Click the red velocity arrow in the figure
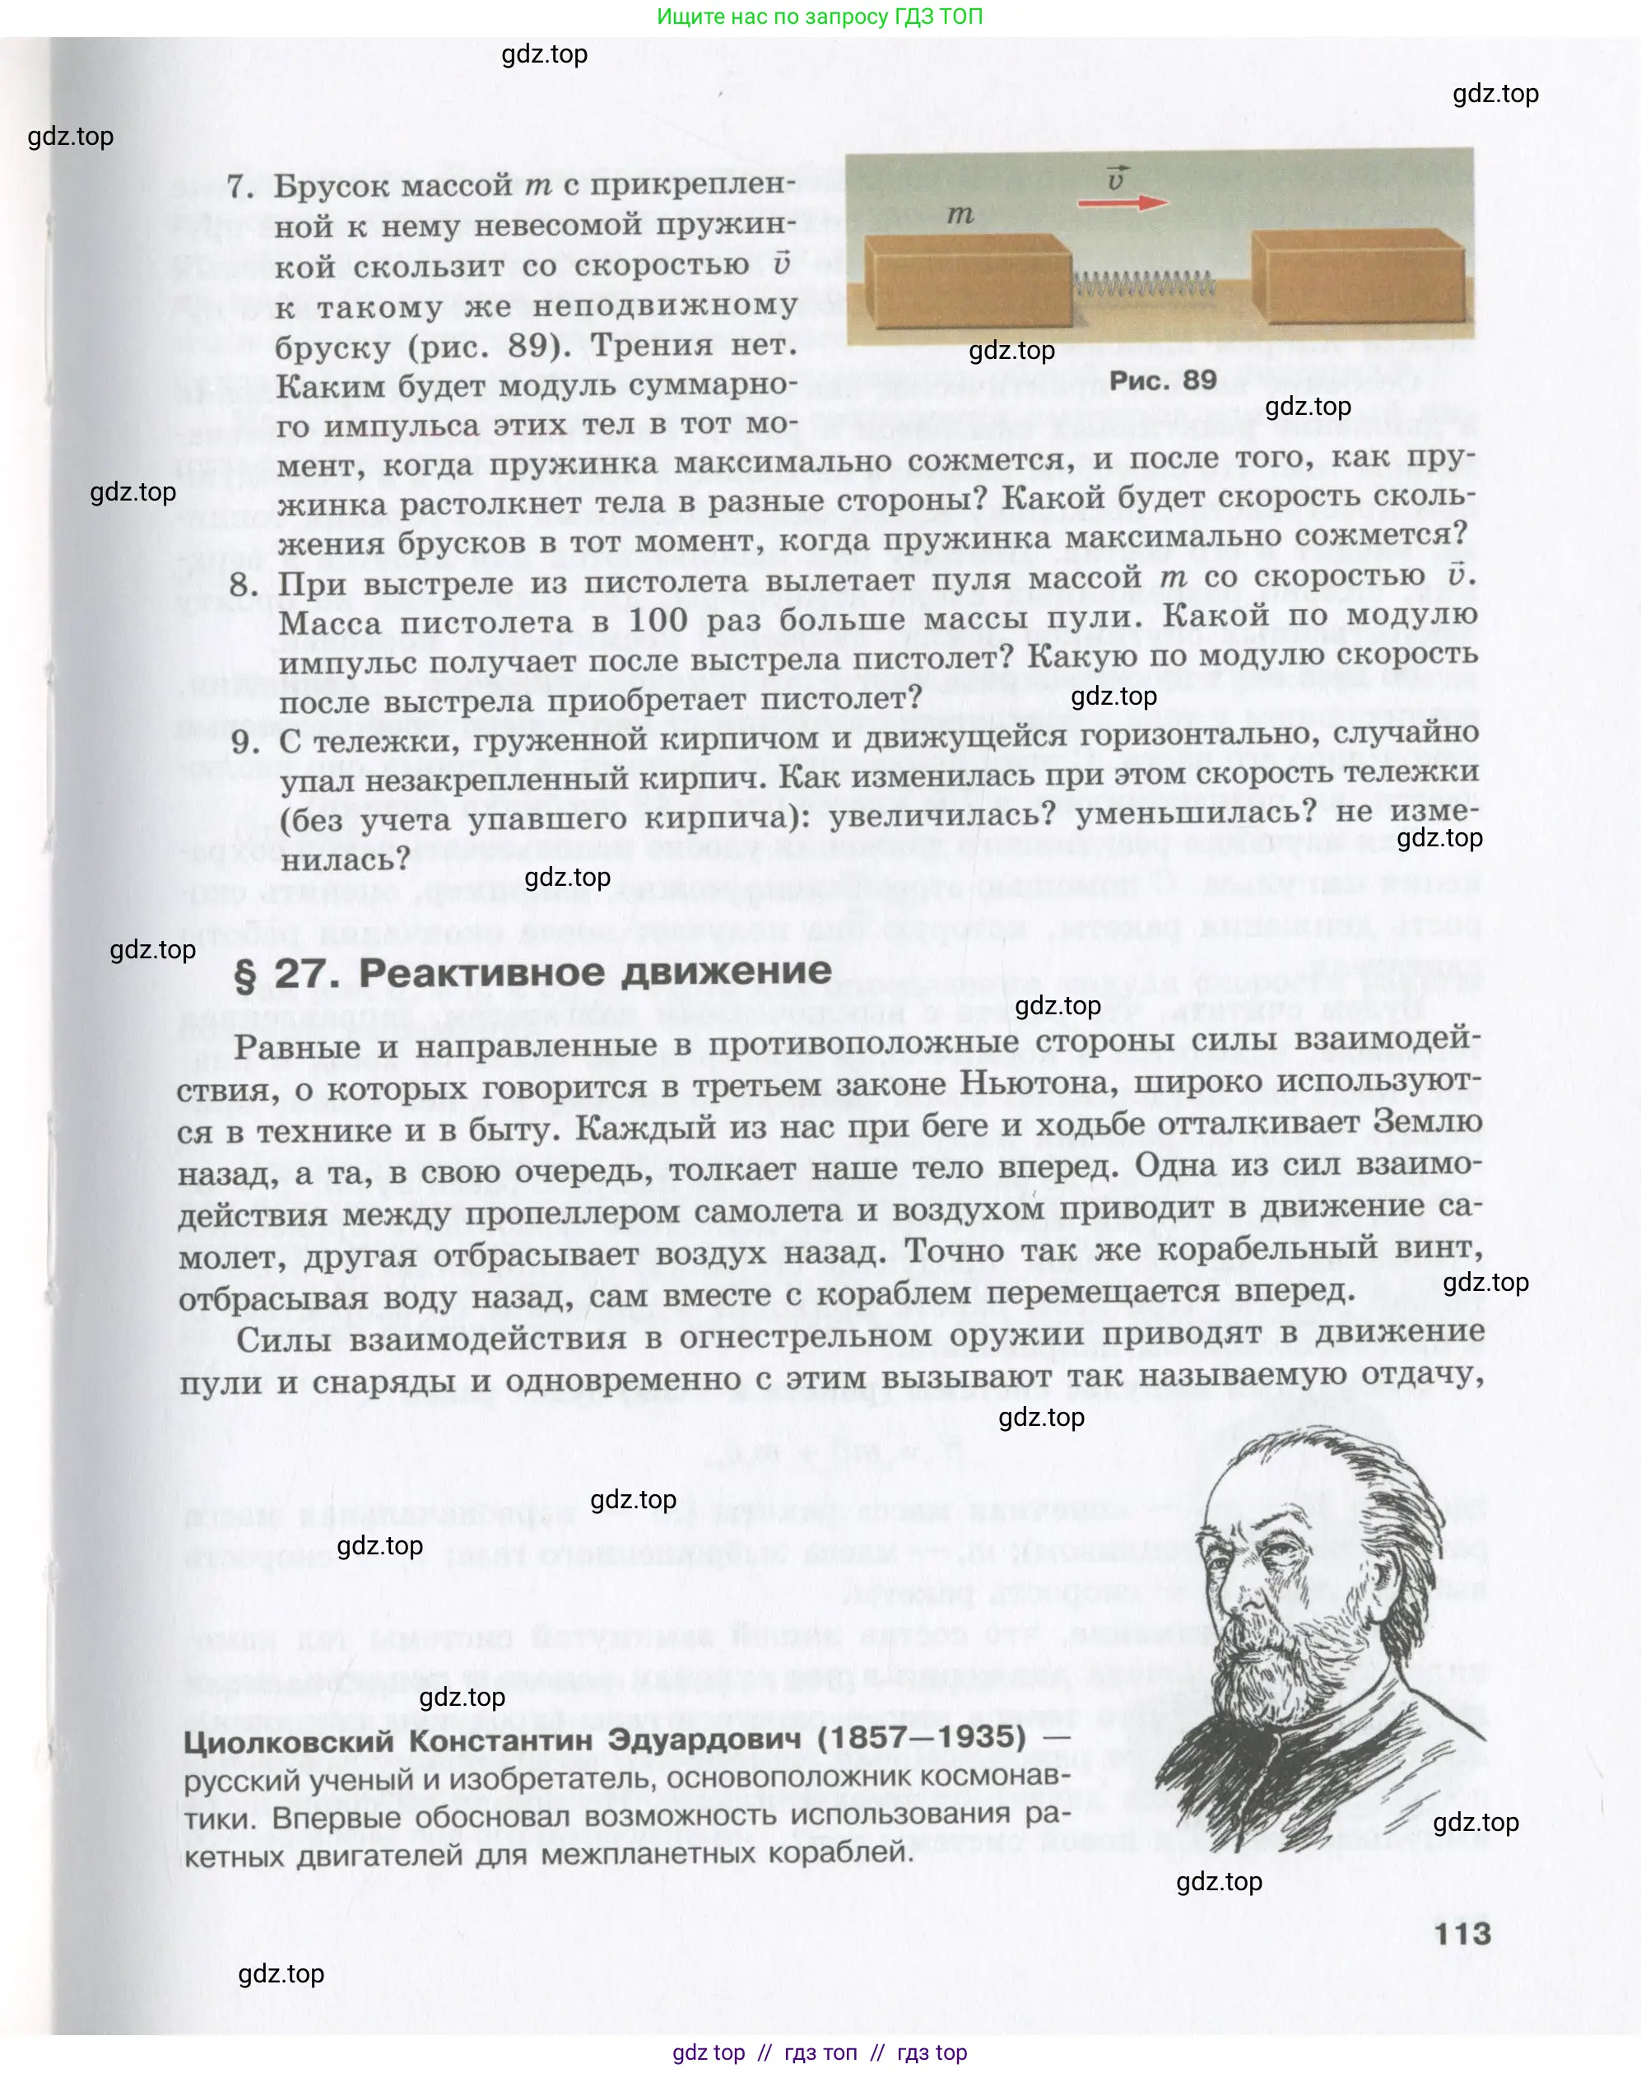pyautogui.click(x=1123, y=203)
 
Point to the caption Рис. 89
pyautogui.click(x=1163, y=380)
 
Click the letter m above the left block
pyautogui.click(x=960, y=215)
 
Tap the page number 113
pyautogui.click(x=1462, y=1933)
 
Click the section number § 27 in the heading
pyautogui.click(x=286, y=975)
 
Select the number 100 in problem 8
pyautogui.click(x=658, y=621)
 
